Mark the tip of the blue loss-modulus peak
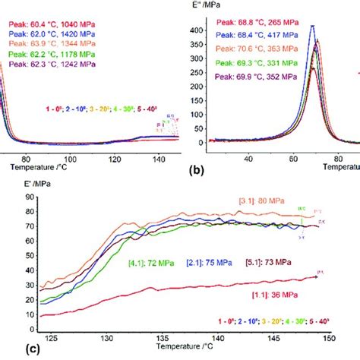pos(312,27)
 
